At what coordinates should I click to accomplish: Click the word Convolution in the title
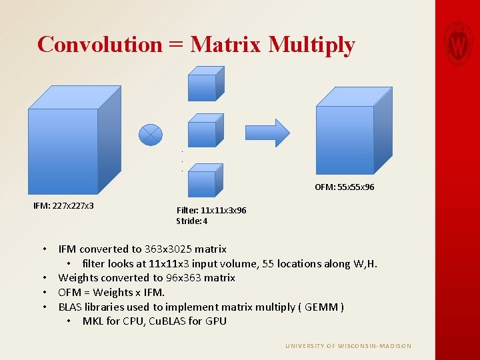click(x=100, y=44)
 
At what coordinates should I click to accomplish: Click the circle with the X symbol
click(x=151, y=134)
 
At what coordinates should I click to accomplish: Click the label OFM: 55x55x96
click(x=344, y=187)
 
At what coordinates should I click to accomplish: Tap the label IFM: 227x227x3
click(x=63, y=205)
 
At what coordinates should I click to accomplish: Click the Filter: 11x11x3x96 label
click(x=211, y=210)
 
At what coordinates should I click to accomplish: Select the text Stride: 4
click(x=192, y=221)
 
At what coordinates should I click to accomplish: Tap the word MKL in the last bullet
click(x=93, y=321)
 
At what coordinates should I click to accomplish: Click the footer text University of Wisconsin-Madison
click(x=348, y=346)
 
